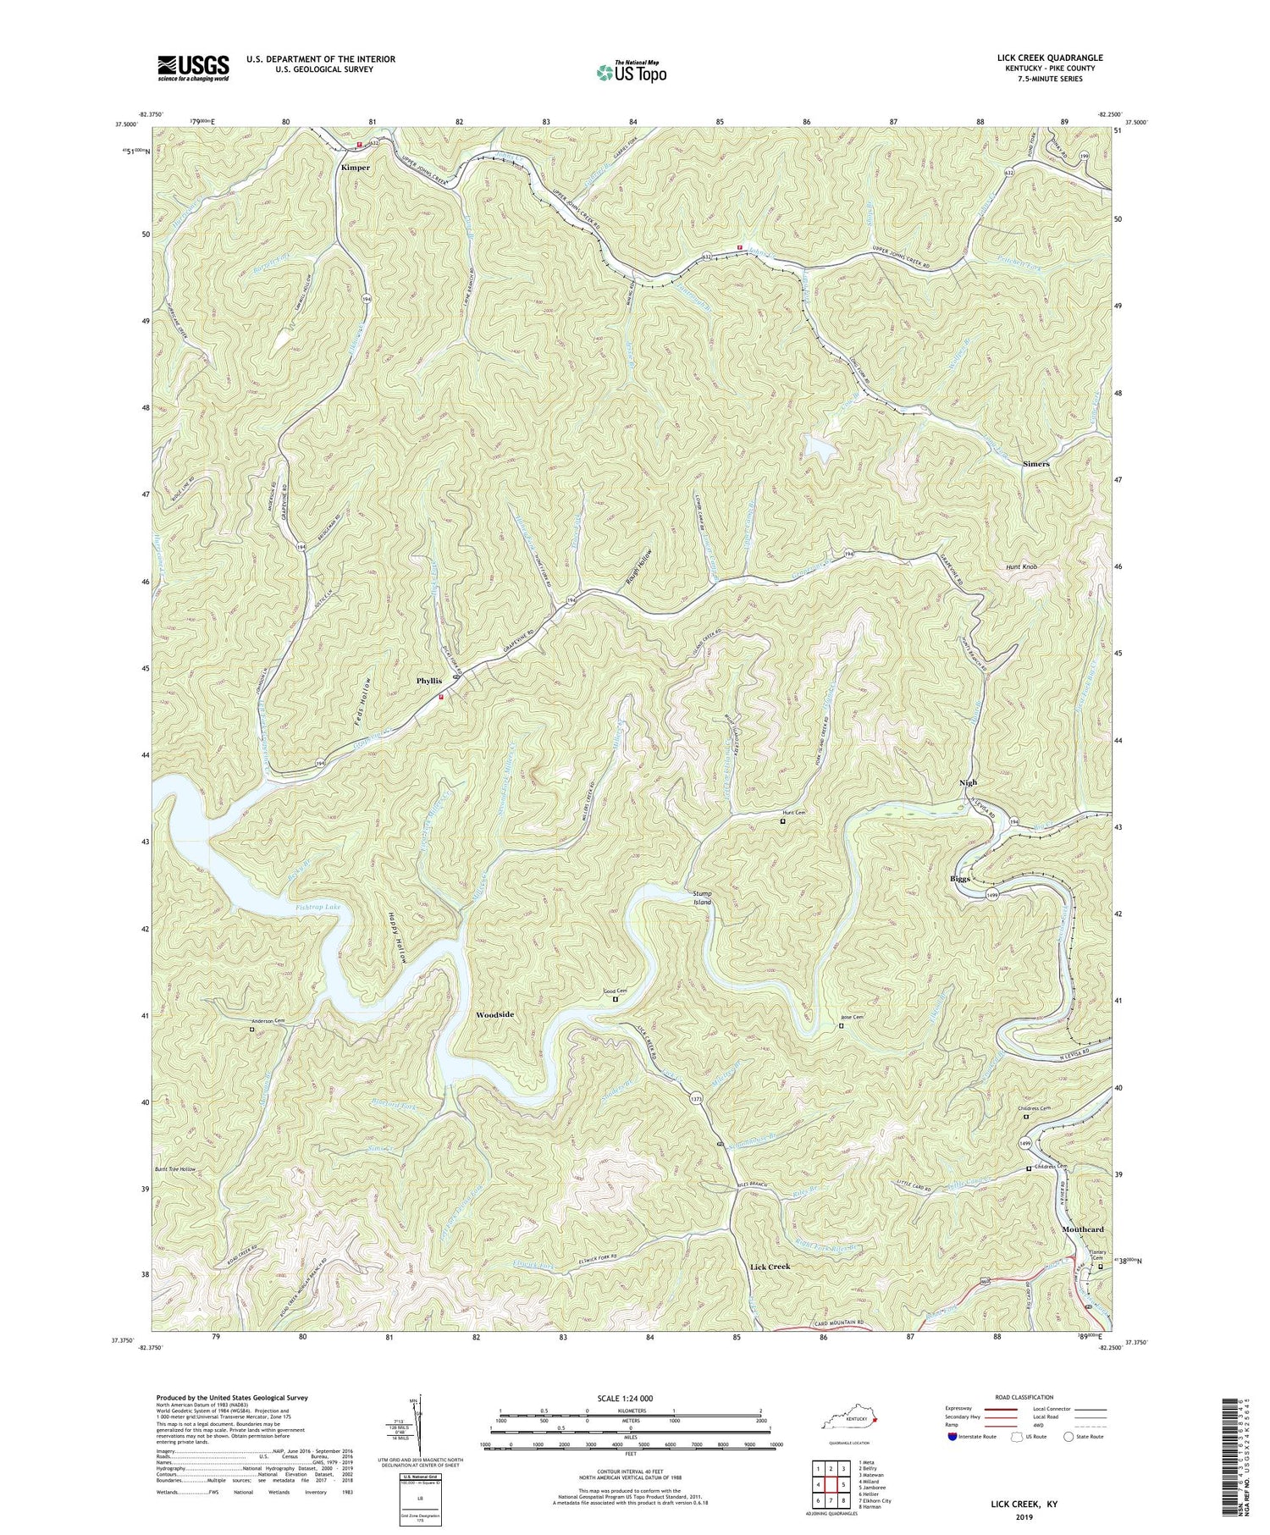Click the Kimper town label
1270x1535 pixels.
tap(356, 168)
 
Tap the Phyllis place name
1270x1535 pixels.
tap(429, 681)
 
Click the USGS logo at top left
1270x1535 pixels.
tap(193, 68)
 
